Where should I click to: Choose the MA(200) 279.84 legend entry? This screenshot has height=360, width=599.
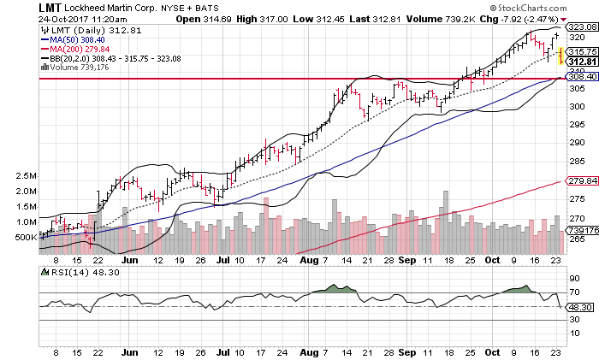point(82,49)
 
